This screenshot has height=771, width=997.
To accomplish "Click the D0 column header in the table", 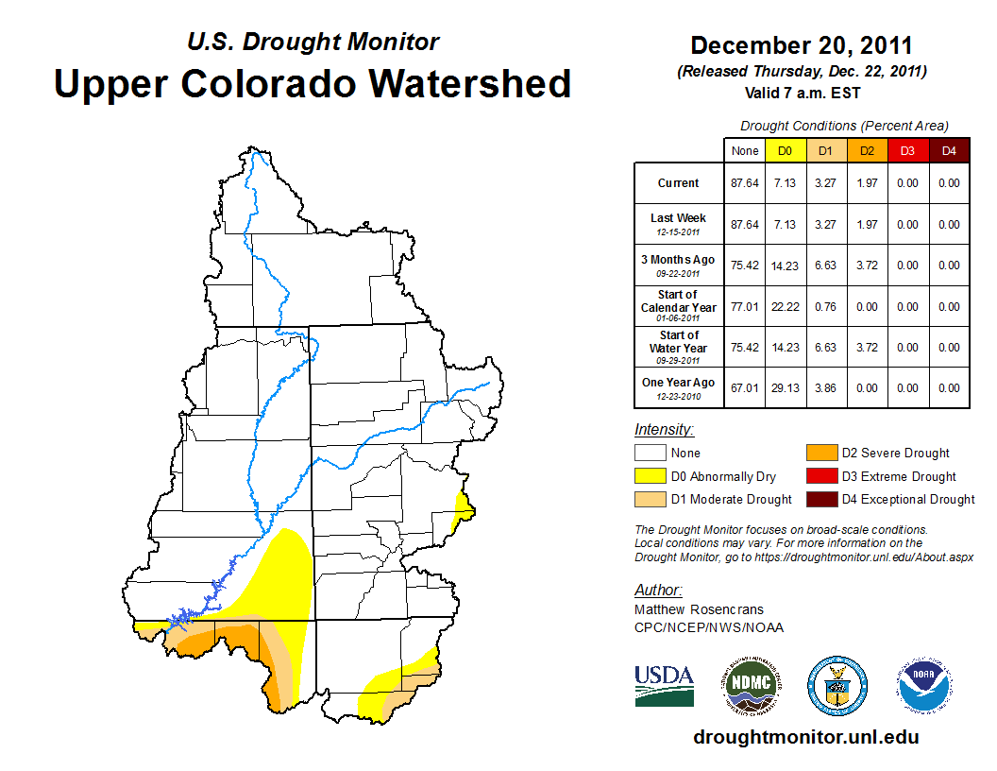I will pos(785,151).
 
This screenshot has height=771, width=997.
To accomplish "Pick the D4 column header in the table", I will pos(948,151).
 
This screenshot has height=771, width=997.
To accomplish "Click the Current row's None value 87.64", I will pos(745,183).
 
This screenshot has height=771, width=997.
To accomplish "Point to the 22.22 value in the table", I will pos(786,306).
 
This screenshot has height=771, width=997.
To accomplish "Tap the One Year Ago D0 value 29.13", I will pos(786,387).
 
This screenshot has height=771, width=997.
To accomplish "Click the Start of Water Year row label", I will pos(679,347).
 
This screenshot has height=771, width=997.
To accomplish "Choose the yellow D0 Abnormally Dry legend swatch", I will pos(650,476).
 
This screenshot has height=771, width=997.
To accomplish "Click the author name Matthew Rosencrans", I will pos(698,609).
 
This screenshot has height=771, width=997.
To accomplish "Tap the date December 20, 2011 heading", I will pos(801,45).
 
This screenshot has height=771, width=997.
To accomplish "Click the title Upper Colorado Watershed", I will pos(313,83).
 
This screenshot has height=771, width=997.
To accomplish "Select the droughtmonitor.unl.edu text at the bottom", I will pos(805,736).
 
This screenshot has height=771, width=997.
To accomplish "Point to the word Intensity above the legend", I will pos(664,430).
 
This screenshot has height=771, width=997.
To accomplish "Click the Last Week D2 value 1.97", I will pos(867,225).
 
